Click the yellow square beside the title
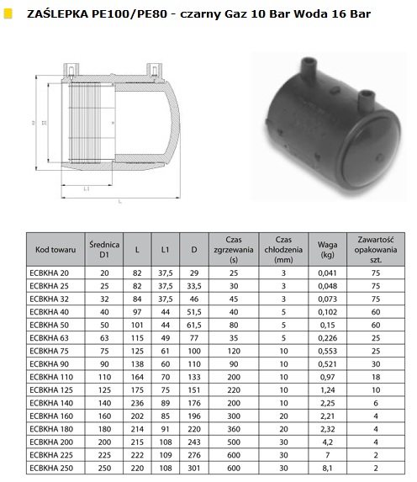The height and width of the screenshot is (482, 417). click(x=8, y=13)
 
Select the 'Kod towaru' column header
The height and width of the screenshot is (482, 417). click(x=55, y=250)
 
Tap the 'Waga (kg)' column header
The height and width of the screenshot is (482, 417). click(x=327, y=250)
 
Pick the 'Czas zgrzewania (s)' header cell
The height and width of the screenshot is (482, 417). click(x=234, y=250)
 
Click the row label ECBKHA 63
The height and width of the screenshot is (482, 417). click(x=49, y=338)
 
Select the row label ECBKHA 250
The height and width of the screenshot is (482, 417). click(x=51, y=469)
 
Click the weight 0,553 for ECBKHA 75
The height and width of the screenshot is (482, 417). click(x=327, y=351)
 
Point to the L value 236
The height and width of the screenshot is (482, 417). click(x=137, y=403)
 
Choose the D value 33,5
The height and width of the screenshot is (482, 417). click(x=194, y=286)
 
